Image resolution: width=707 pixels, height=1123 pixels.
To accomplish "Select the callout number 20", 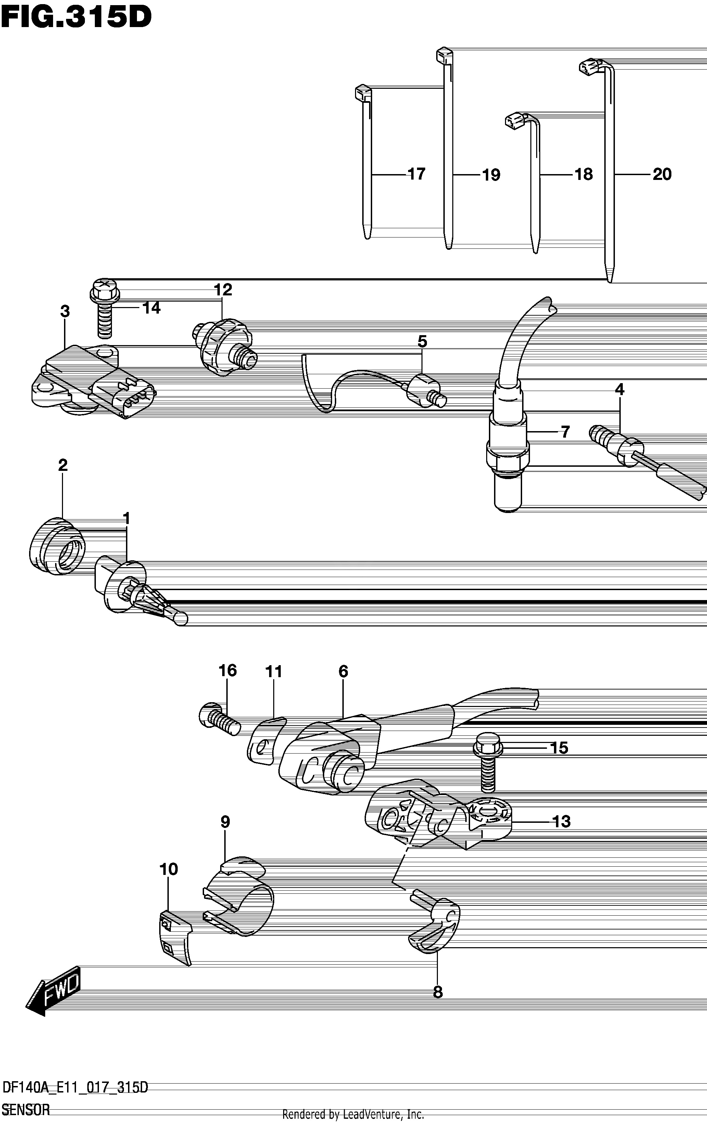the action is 662,174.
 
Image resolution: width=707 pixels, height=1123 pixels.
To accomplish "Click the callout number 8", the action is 438,992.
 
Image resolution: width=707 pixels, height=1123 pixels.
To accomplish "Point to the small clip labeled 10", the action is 175,937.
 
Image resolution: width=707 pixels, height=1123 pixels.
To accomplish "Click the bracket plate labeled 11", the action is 266,742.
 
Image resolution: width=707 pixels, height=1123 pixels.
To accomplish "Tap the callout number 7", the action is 565,432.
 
